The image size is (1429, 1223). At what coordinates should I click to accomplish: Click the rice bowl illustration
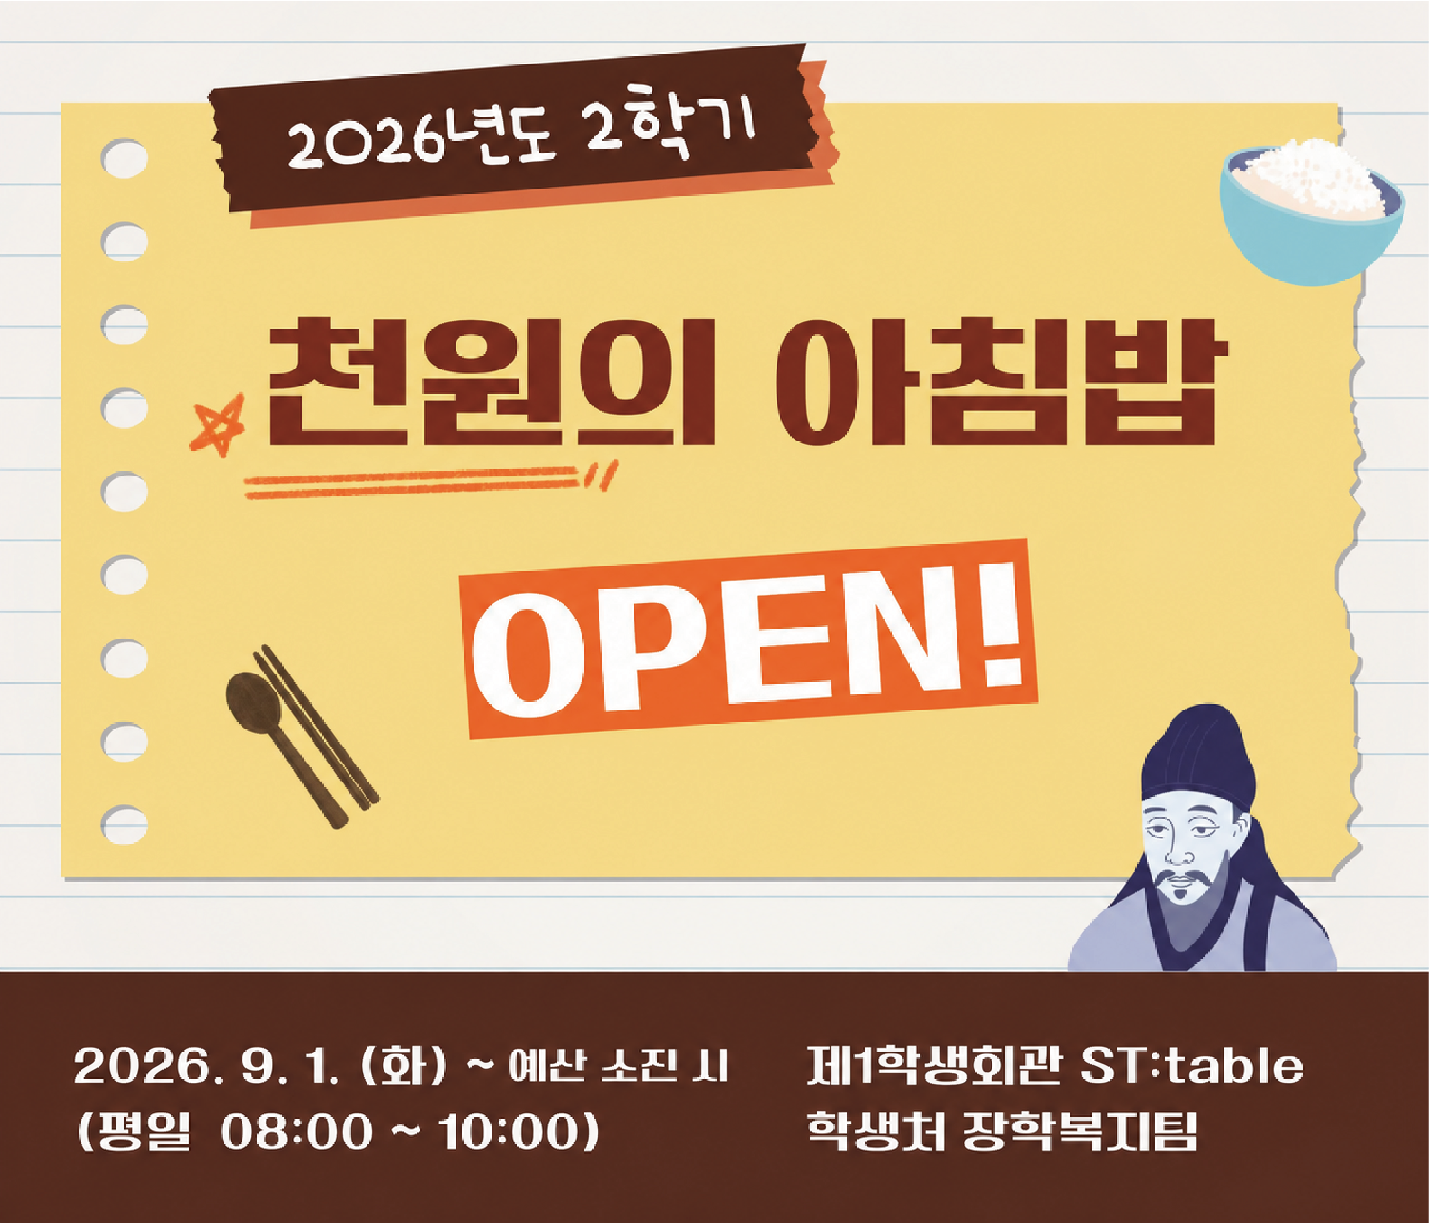click(x=1312, y=211)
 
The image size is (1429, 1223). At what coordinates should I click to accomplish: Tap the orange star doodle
click(x=218, y=424)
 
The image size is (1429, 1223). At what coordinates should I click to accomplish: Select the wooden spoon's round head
click(x=254, y=704)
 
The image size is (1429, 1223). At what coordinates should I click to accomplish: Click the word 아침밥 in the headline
click(x=1001, y=382)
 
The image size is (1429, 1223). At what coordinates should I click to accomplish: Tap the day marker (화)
click(x=404, y=1066)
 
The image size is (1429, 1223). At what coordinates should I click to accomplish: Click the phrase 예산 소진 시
click(x=618, y=1067)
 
